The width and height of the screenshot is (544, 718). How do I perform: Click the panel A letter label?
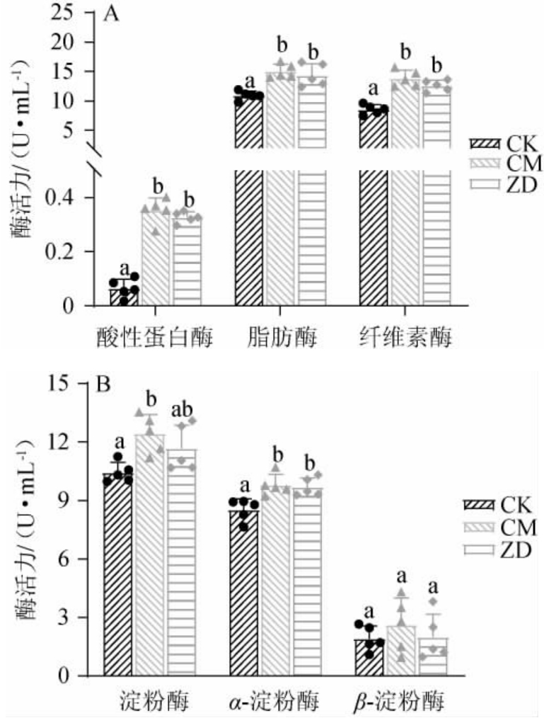click(110, 15)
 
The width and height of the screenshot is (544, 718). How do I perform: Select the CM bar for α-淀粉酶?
click(275, 581)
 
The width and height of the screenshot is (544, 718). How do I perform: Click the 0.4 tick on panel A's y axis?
click(63, 198)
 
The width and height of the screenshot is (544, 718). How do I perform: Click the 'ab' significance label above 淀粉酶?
click(181, 410)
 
